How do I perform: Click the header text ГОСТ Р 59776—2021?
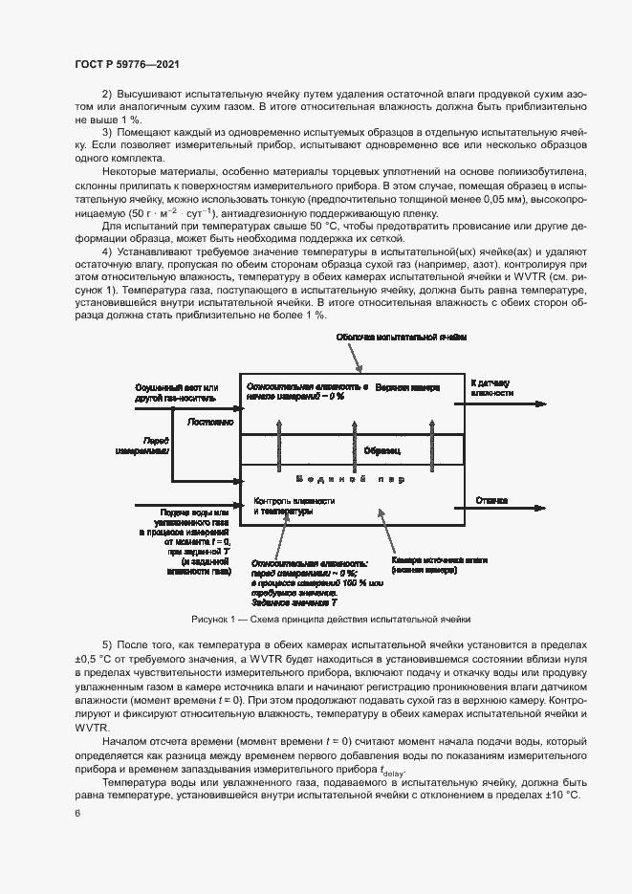click(126, 64)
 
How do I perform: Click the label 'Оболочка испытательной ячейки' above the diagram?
click(401, 338)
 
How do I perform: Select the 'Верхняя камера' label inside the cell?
click(407, 388)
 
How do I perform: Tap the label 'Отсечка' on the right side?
click(491, 500)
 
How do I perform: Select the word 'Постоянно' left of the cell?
click(210, 421)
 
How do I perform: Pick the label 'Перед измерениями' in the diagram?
click(142, 445)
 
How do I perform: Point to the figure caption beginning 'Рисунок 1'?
click(331, 619)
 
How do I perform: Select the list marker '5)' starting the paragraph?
click(107, 643)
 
